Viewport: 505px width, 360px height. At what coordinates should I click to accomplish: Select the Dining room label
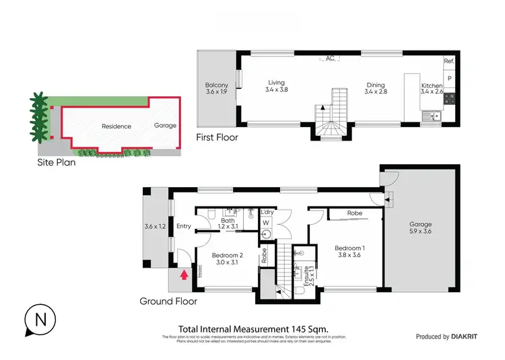click(x=375, y=85)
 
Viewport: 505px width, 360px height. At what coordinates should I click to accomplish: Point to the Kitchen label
click(x=432, y=86)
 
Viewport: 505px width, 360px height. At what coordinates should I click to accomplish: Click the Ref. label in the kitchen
click(x=449, y=61)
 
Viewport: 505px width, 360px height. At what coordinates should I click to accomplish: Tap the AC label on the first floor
click(x=330, y=59)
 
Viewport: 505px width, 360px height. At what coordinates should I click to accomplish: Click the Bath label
click(x=228, y=221)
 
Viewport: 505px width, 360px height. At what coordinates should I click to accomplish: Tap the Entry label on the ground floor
click(x=184, y=226)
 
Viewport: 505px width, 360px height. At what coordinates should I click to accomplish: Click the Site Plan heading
click(x=57, y=162)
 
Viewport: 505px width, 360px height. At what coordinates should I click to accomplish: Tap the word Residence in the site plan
click(x=116, y=126)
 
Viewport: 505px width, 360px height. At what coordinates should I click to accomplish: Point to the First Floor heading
click(x=216, y=137)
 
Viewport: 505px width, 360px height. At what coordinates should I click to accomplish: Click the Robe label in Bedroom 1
click(x=355, y=213)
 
